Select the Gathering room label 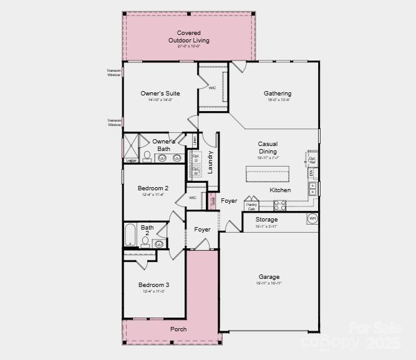[278, 94]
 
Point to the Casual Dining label [268, 148]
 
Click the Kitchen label [280, 190]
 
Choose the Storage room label [267, 220]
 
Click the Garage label [269, 276]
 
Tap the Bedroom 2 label [153, 188]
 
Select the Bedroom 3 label [153, 285]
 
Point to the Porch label [178, 329]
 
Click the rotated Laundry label [211, 162]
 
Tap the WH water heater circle [312, 218]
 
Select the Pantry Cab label [251, 206]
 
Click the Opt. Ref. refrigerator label [312, 160]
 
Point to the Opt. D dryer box [196, 158]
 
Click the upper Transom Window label [114, 72]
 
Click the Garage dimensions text [269, 283]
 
